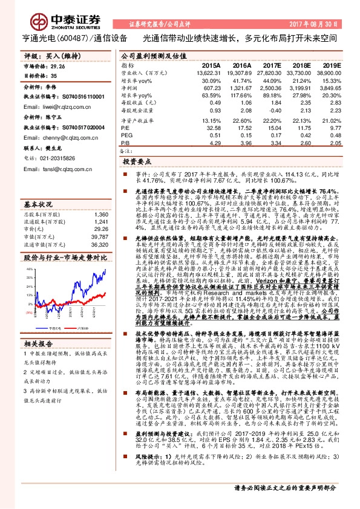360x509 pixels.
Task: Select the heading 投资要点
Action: [x=137, y=163]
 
